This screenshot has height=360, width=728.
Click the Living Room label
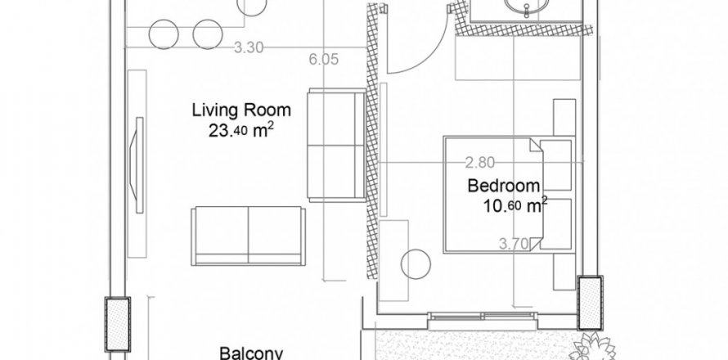pos(241,110)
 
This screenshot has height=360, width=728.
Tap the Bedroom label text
pos(504,186)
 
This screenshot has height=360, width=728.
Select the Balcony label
pos(251,353)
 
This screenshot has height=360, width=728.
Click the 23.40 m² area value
pos(240,131)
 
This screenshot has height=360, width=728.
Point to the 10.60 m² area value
pos(515,205)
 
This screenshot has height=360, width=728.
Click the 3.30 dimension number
pos(249,47)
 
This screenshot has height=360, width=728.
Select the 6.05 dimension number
pos(324,59)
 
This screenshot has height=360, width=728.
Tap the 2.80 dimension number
pos(480,163)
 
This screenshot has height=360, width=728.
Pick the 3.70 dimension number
pos(514,243)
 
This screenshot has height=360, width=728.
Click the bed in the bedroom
pos(510,195)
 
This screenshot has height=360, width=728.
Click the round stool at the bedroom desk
pos(416,264)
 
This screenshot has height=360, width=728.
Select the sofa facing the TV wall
pos(249,236)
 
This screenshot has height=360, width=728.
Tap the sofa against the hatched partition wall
pos(337,146)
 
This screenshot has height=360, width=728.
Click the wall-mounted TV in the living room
pos(139,165)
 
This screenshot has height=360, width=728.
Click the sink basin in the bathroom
pos(526,7)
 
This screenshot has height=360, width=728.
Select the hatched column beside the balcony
pos(118,324)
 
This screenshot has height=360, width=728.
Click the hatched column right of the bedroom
pos(590,303)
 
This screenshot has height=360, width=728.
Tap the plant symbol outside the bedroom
pos(593,347)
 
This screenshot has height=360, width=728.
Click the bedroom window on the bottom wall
pos(483,317)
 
